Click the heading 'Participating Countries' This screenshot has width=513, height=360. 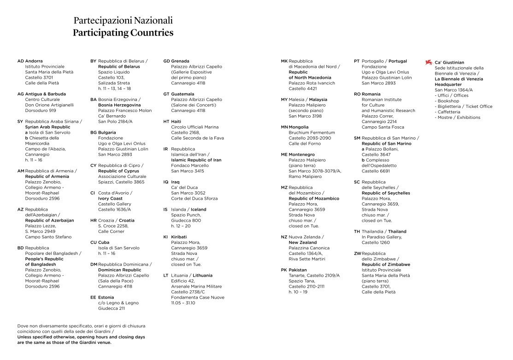pos(123,33)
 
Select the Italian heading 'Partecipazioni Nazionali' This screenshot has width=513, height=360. pos(123,21)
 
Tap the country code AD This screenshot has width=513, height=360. pos(20,61)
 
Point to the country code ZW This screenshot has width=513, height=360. pos(357,254)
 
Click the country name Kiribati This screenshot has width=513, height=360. pos(179,237)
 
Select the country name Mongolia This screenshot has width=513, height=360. pos(299,127)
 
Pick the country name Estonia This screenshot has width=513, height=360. pos(106,297)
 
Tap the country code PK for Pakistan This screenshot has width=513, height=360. pos(284,270)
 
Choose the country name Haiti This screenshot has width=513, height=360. pos(176,122)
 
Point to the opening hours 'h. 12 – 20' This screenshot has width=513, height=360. pos(181,226)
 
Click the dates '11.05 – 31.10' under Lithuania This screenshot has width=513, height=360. pos(183,303)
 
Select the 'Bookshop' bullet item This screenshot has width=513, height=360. pos(448,101)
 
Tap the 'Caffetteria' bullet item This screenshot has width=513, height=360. pos(449,112)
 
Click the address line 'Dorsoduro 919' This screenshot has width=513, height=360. pos(41,111)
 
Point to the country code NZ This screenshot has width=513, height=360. pos(284,237)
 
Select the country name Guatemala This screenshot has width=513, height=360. pos(183,94)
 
